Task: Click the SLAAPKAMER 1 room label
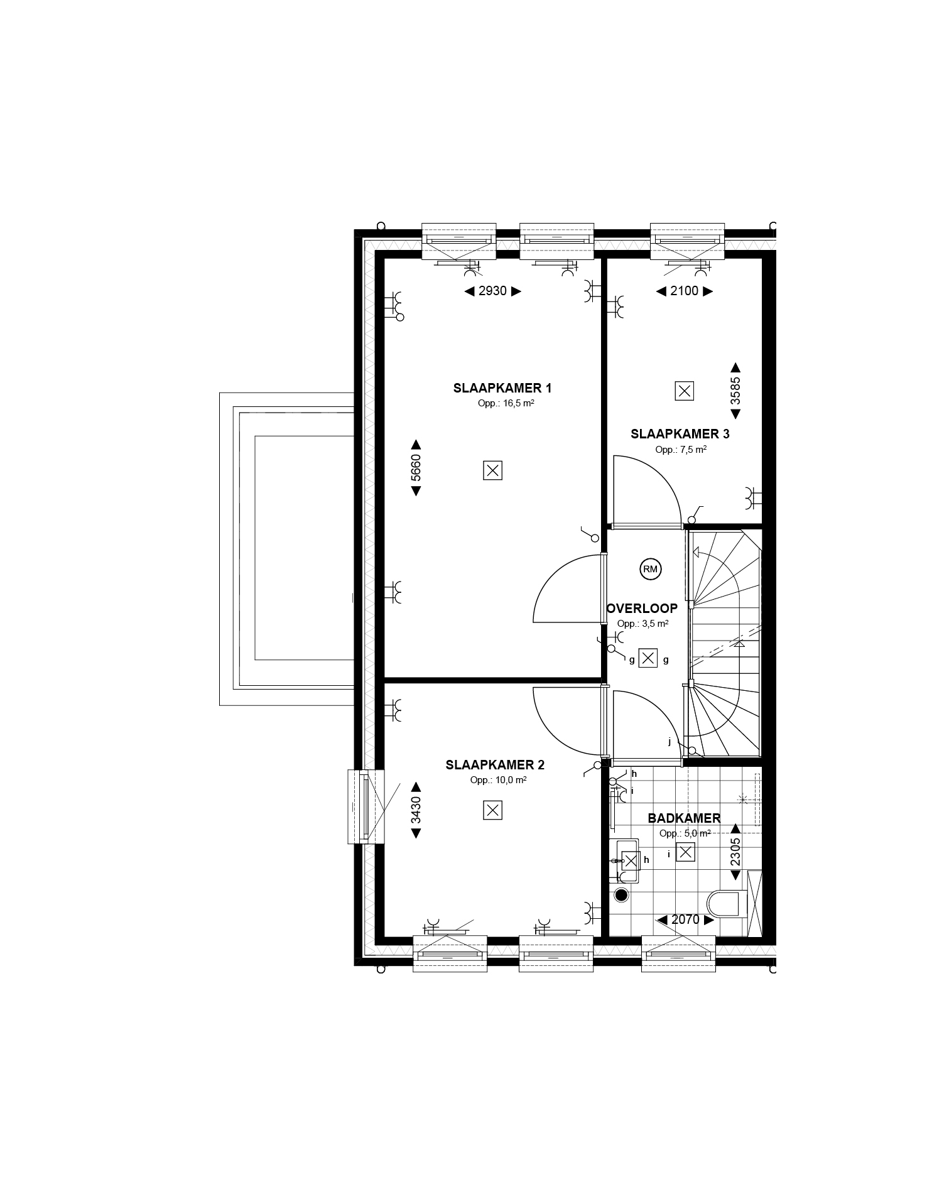pyautogui.click(x=502, y=388)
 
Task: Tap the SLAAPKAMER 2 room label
pyautogui.click(x=495, y=765)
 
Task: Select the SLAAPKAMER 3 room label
pyautogui.click(x=680, y=434)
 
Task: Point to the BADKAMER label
pyautogui.click(x=684, y=818)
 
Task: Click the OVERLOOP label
pyautogui.click(x=642, y=609)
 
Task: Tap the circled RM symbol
pyautogui.click(x=650, y=570)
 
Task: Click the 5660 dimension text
pyautogui.click(x=415, y=467)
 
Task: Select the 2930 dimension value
pyautogui.click(x=492, y=291)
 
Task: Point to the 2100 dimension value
pyautogui.click(x=685, y=291)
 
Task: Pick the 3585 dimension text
pyautogui.click(x=735, y=391)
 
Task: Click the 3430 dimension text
pyautogui.click(x=415, y=810)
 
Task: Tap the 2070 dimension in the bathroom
pyautogui.click(x=685, y=919)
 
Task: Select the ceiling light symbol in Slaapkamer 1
pyautogui.click(x=493, y=470)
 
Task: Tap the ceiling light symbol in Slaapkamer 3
pyautogui.click(x=685, y=391)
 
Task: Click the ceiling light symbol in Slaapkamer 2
pyautogui.click(x=493, y=811)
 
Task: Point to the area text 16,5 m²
pyautogui.click(x=506, y=404)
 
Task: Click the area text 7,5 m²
pyautogui.click(x=681, y=450)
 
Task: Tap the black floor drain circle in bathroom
pyautogui.click(x=622, y=896)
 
